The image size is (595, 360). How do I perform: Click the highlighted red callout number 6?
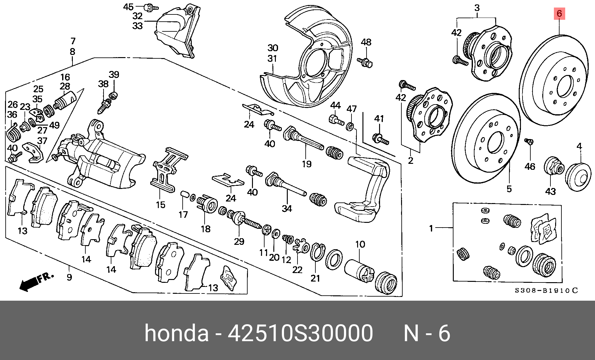click(559, 14)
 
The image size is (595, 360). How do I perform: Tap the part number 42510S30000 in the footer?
click(300, 333)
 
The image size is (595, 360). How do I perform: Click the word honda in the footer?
click(176, 333)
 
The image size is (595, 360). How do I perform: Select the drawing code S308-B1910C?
click(546, 290)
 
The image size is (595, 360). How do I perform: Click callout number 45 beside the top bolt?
click(128, 7)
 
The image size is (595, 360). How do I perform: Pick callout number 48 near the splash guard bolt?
click(366, 42)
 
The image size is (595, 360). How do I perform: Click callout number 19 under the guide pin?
click(307, 164)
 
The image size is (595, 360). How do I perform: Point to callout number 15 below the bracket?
click(160, 205)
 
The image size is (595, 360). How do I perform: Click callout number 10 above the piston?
click(360, 244)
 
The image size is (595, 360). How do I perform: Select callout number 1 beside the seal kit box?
click(431, 228)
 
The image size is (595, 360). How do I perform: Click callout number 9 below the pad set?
click(69, 277)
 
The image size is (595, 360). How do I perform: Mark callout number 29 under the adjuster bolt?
click(239, 241)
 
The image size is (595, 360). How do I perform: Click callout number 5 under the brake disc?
click(509, 189)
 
